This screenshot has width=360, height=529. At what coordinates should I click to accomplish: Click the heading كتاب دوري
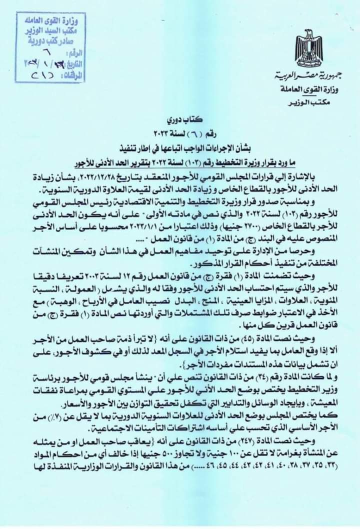183,121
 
